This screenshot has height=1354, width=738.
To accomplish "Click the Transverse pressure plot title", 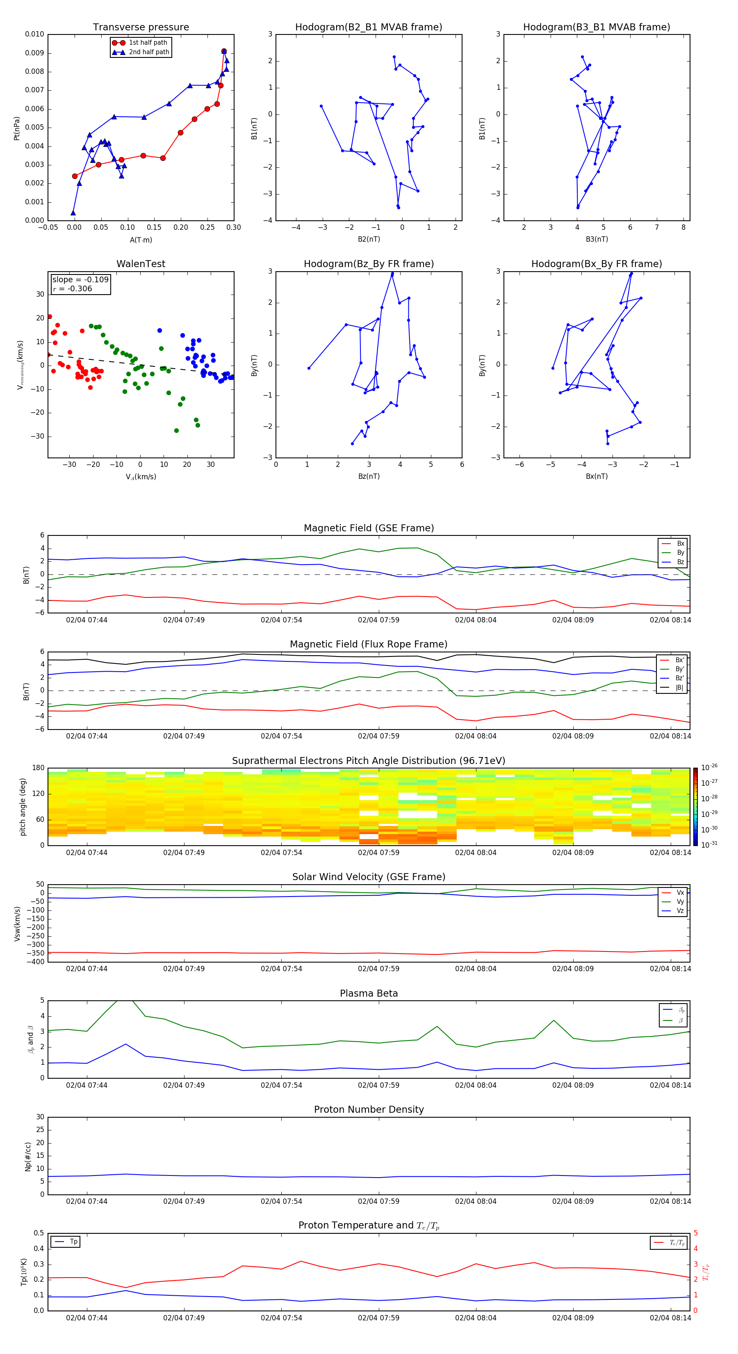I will pos(141,27).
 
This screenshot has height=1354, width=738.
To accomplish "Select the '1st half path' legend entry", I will pos(148,43).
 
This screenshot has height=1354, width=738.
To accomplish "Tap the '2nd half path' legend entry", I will pos(149,52).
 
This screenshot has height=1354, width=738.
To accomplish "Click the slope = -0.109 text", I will pos(80,280).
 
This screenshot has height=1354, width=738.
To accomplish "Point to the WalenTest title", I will pos(141,264).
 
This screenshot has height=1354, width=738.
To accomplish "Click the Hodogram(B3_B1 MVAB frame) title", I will pos(596,27).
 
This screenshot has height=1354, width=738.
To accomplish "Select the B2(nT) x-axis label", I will pos(369,239).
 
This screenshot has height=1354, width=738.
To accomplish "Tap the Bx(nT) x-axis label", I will pos(596,476).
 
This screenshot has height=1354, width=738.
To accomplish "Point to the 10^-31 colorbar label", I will pos(708,844).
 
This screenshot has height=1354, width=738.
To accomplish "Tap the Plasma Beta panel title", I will pos(369,993).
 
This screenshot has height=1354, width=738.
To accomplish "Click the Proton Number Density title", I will pos(369,1109).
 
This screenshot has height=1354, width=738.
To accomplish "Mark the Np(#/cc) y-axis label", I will pos(28,1156).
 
